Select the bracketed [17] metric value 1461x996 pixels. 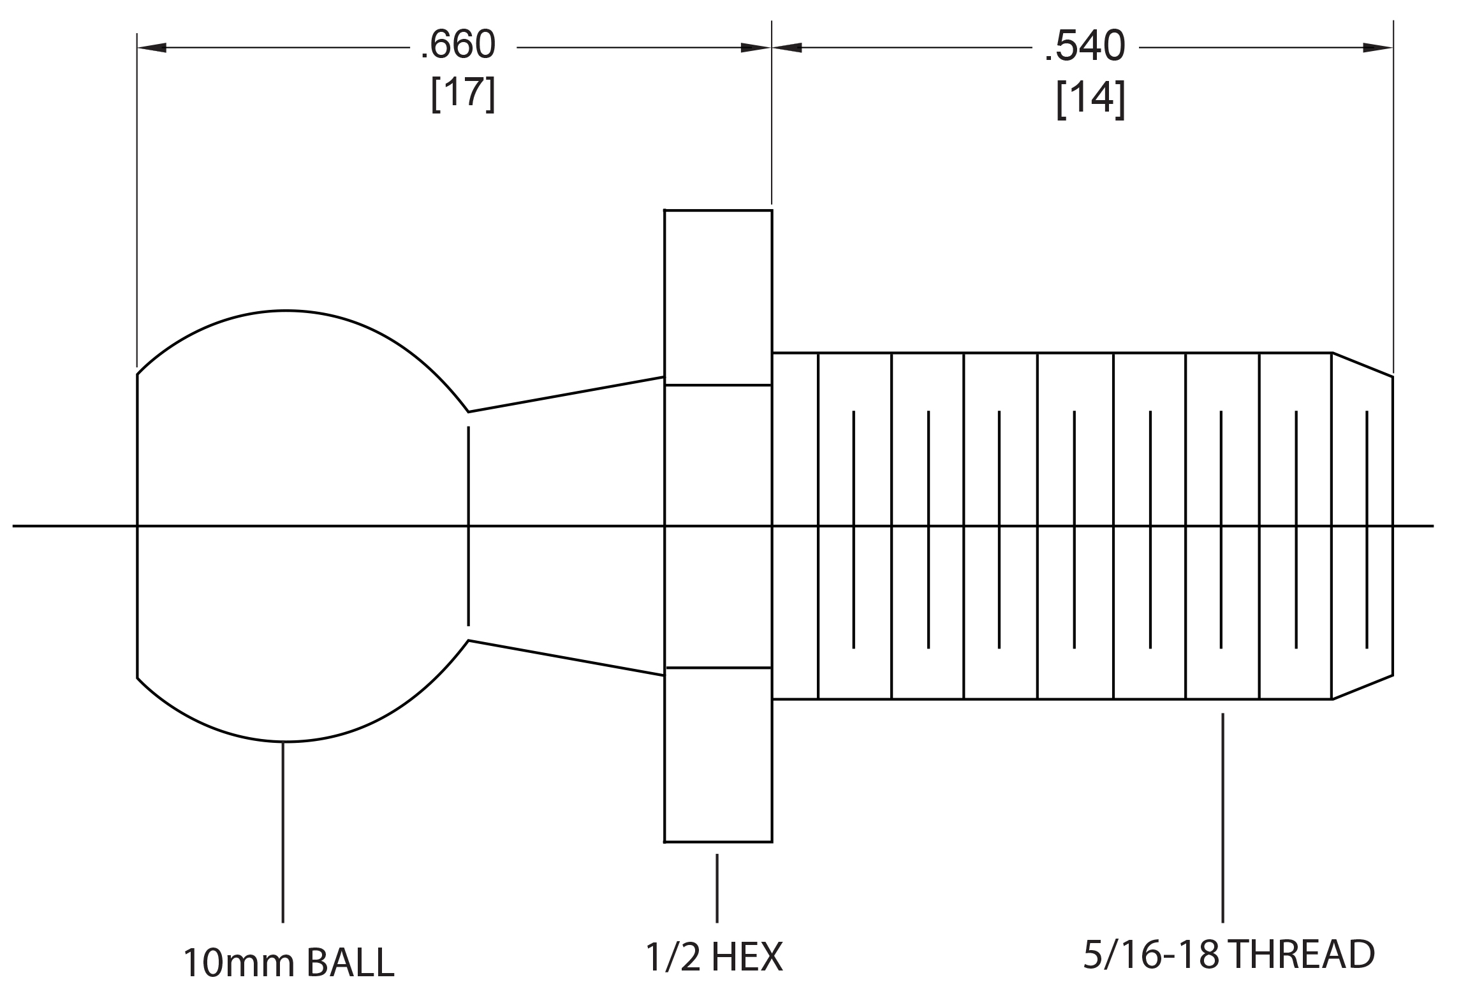tap(462, 94)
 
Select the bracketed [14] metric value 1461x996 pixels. tap(1090, 100)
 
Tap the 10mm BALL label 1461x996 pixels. tap(288, 962)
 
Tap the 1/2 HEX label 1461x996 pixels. tap(714, 957)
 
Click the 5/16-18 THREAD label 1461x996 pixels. tap(1229, 955)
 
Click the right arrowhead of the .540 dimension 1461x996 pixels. tap(1377, 47)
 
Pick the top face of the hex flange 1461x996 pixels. tap(718, 210)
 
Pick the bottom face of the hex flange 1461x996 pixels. tap(718, 842)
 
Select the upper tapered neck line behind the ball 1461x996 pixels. tap(566, 395)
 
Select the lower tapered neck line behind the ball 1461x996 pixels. tap(566, 658)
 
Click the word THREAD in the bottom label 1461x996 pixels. tap(1301, 955)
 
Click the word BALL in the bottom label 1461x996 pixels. tap(350, 962)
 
